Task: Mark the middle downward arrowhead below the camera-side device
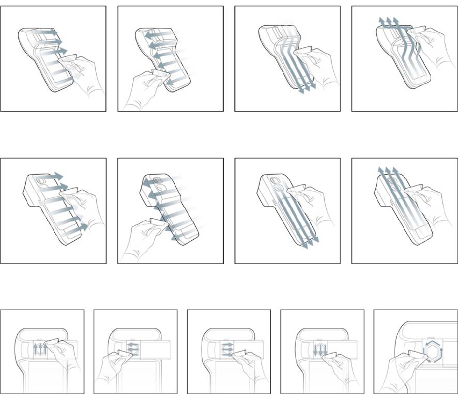tap(307, 245)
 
